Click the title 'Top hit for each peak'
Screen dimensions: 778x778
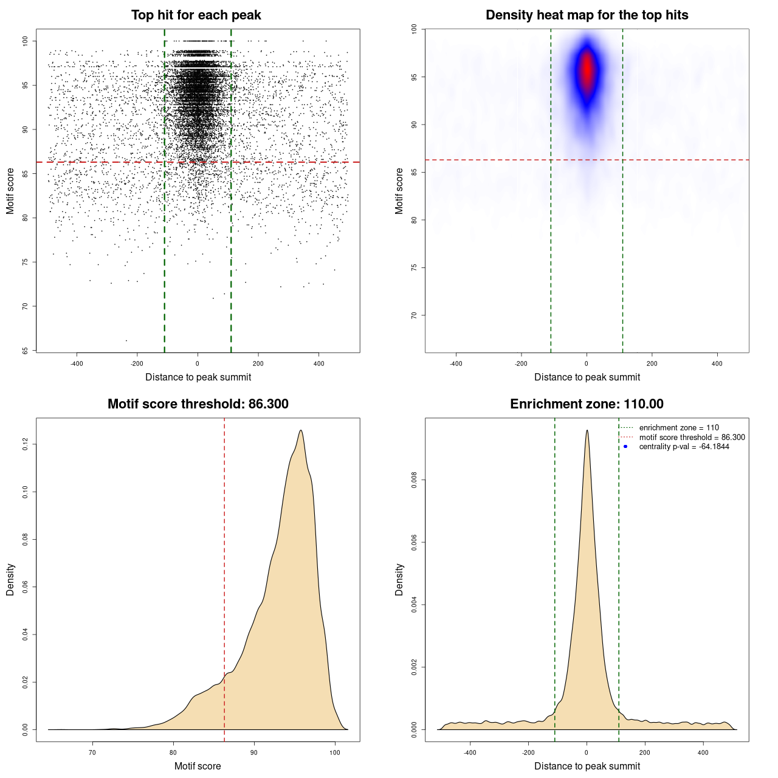click(196, 15)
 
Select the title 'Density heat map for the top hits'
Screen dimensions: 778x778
click(587, 15)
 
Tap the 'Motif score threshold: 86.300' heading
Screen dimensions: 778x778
click(198, 404)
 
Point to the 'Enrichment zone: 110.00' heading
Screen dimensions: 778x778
click(587, 404)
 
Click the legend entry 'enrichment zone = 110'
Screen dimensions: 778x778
click(678, 428)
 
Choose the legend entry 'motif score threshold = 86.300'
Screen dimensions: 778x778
click(692, 437)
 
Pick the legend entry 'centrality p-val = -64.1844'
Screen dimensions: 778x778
click(684, 447)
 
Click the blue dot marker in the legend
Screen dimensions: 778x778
click(625, 447)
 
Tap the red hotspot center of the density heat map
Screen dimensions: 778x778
click(587, 70)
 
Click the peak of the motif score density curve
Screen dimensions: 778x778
click(300, 430)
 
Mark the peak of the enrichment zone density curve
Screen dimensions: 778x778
click(587, 430)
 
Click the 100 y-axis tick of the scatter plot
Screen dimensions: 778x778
click(26, 41)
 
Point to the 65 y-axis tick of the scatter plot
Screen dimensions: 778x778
click(26, 351)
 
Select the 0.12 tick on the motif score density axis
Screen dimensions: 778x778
click(26, 444)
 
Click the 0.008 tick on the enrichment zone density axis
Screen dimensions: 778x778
click(415, 480)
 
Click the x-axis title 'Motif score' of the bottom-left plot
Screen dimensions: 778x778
click(198, 766)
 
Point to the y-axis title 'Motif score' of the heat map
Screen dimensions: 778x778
click(399, 191)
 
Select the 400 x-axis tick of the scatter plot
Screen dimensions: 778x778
click(318, 363)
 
